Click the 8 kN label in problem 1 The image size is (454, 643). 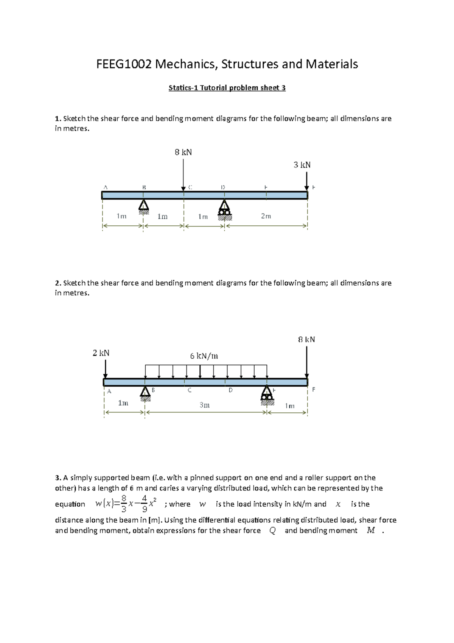point(183,152)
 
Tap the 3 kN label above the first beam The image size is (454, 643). point(302,165)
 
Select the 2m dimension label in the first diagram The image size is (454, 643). point(266,216)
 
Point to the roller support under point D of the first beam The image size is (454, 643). point(225,209)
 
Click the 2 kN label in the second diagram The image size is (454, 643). point(101,353)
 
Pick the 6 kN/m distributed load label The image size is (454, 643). point(204,356)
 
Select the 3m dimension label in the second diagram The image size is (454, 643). point(204,405)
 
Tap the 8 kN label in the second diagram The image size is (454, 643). point(306,339)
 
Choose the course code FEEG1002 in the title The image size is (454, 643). point(124,64)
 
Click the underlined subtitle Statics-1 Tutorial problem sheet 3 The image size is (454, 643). point(227,88)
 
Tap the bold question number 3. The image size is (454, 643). point(58,478)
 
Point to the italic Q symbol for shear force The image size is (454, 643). point(272,531)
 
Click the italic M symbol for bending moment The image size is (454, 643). point(371,531)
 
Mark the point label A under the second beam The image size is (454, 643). point(109,391)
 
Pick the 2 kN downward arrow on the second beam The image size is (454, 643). point(106,368)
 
